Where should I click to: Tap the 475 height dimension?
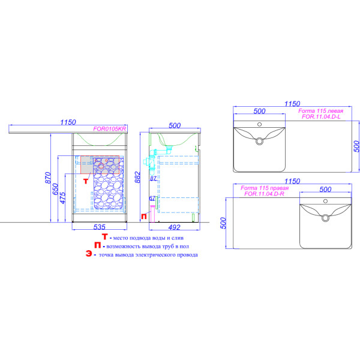click(62, 197)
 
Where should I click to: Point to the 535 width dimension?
click(100, 227)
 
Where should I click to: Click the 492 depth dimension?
click(174, 227)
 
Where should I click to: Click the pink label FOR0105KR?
click(109, 128)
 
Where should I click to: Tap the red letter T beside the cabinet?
click(85, 179)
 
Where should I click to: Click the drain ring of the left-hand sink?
click(259, 142)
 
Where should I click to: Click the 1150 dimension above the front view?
click(68, 122)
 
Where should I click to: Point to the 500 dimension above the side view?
click(175, 125)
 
